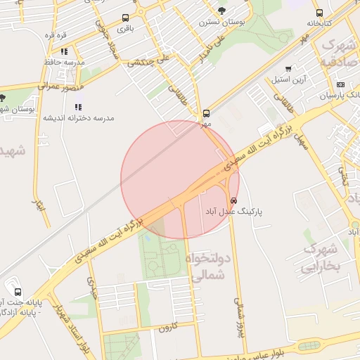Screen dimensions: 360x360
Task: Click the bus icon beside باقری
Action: [125, 18]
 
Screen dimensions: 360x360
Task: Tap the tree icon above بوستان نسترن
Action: [222, 11]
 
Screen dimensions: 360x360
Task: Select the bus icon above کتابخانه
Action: [320, 13]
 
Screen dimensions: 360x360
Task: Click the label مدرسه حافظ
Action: [64, 62]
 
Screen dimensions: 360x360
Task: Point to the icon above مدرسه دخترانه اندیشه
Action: [77, 107]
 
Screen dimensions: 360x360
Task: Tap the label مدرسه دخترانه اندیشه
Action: [78, 117]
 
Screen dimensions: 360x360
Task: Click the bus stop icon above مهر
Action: [206, 113]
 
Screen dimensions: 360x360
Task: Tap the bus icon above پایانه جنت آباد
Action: [18, 292]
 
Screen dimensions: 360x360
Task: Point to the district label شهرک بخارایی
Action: [321, 259]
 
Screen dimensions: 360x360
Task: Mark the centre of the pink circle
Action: [180, 180]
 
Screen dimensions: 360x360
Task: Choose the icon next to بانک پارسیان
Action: [341, 84]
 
